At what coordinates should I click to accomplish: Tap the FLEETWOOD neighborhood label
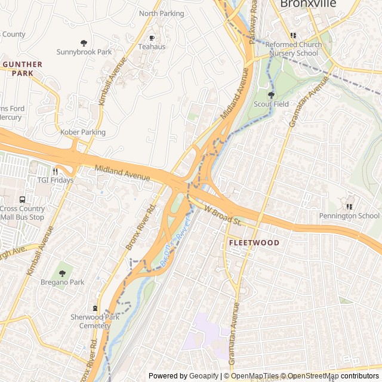pos(254,243)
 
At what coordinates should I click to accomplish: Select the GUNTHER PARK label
pos(22,69)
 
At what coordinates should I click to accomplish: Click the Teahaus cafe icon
pos(152,38)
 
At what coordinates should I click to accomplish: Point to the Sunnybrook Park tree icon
pos(84,43)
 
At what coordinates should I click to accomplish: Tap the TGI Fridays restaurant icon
pos(55,171)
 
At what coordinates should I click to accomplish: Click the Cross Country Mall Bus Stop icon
pos(22,200)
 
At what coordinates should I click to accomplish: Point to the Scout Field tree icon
pos(271,95)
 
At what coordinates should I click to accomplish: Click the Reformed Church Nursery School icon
pos(292,36)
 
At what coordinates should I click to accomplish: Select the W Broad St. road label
pos(221,215)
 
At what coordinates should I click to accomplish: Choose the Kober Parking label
pos(82,132)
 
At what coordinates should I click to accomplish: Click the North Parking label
pos(161,13)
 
